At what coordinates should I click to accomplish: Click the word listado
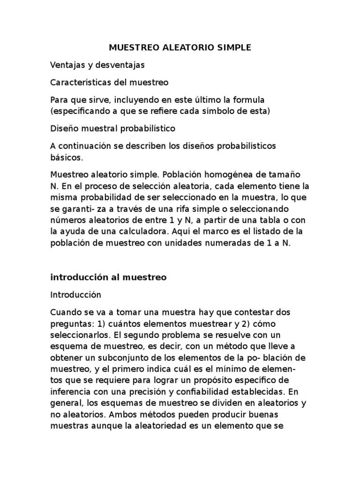coord(274,232)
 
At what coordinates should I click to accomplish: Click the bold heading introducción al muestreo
coord(108,277)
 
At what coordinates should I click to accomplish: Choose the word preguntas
coord(70,323)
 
